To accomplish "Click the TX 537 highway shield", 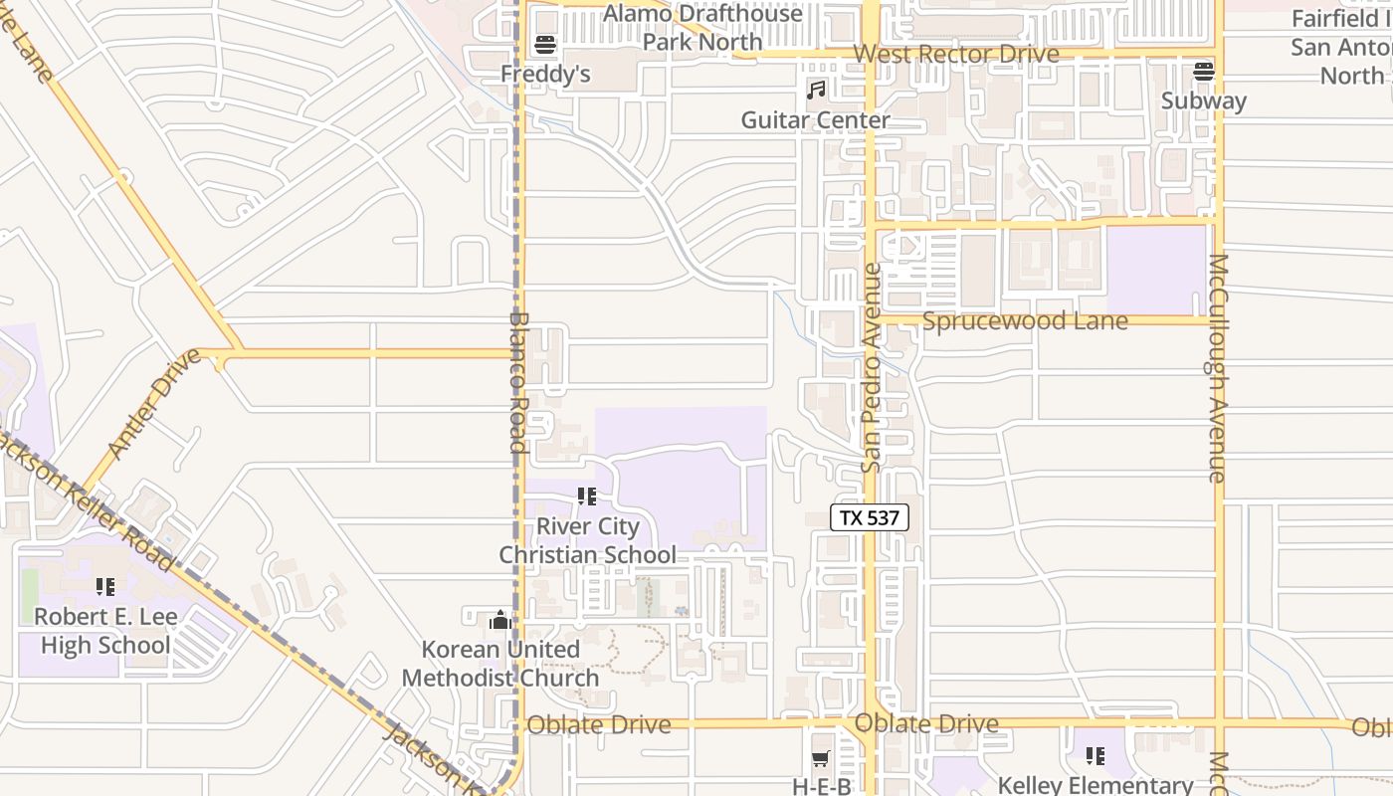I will click(x=869, y=517).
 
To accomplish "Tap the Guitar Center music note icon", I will click(x=816, y=91).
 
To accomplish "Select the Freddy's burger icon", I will click(x=544, y=45).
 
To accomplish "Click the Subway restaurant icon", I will click(x=1204, y=72).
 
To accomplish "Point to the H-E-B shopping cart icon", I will click(x=821, y=759).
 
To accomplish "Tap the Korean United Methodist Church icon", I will click(x=499, y=621).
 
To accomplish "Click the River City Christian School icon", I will click(x=587, y=496).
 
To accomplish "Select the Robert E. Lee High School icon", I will click(x=104, y=587).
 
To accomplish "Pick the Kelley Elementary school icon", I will click(x=1095, y=756).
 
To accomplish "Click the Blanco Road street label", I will click(x=517, y=382).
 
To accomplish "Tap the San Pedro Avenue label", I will click(x=872, y=368).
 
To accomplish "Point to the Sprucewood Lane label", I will click(x=1025, y=321).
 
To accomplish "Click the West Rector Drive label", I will click(x=956, y=54).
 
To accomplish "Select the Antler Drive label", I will click(x=152, y=403).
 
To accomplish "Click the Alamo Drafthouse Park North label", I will click(x=702, y=28).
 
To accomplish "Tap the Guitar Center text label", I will click(x=816, y=120).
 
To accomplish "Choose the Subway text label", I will click(x=1204, y=100).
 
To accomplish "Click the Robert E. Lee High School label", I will click(x=105, y=631).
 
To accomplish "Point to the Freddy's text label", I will click(x=545, y=75).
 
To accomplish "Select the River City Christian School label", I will click(x=588, y=540).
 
